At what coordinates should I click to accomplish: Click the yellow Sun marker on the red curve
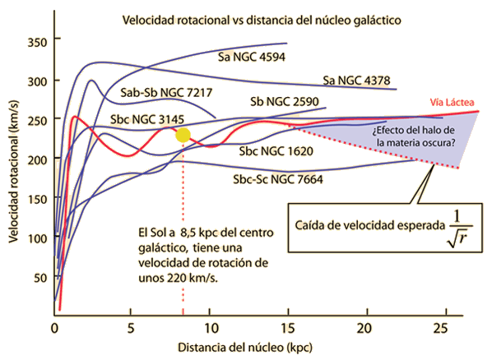(183, 135)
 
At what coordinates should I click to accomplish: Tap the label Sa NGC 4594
(252, 57)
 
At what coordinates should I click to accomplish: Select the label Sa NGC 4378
(356, 81)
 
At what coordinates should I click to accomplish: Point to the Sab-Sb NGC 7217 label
(166, 93)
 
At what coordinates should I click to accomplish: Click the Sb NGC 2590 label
(285, 102)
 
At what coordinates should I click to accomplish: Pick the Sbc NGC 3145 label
(147, 119)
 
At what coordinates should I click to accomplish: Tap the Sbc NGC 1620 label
(276, 151)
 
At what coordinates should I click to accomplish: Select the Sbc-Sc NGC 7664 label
(278, 179)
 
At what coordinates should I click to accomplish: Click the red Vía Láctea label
(452, 102)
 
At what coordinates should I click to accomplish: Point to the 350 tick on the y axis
(37, 43)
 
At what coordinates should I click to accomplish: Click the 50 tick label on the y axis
(40, 278)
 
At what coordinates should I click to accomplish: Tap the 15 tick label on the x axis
(288, 328)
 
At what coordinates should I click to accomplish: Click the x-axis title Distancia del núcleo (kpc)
(245, 348)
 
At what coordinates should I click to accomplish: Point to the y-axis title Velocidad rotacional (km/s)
(13, 172)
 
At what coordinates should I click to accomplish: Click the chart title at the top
(262, 21)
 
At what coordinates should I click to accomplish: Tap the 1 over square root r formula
(460, 228)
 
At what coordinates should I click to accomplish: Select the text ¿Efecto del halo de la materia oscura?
(414, 136)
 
